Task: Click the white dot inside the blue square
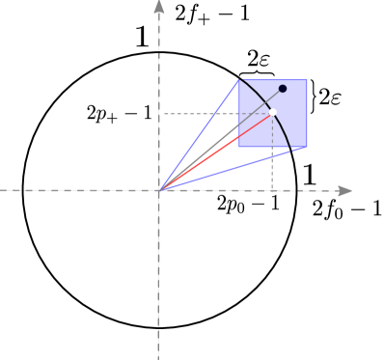click(x=272, y=113)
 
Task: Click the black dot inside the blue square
click(x=283, y=89)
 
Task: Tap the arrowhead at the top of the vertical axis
click(x=158, y=7)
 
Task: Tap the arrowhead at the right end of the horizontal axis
click(x=344, y=190)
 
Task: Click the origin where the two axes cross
click(x=158, y=190)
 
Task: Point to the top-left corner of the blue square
click(x=239, y=79)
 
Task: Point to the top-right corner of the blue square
click(x=307, y=79)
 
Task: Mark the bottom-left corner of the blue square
click(x=239, y=148)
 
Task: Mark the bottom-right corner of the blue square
click(x=307, y=148)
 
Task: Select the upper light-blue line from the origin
click(x=198, y=135)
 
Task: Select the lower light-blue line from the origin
click(x=232, y=169)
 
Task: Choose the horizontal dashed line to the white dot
click(x=212, y=114)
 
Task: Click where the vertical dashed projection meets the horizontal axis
click(x=272, y=190)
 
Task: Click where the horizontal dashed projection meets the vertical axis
click(x=158, y=114)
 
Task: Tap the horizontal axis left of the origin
click(x=77, y=190)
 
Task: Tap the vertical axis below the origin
click(x=158, y=280)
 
